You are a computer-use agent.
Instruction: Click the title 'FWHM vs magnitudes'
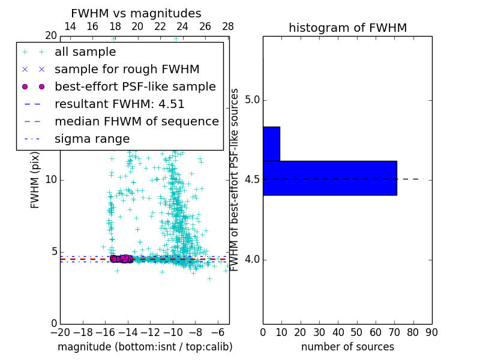(x=136, y=14)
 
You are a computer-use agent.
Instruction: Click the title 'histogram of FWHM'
(x=347, y=28)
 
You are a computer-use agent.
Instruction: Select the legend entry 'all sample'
(x=85, y=52)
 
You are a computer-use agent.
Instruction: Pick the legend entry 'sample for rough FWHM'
(x=127, y=70)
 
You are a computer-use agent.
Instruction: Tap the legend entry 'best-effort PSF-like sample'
(x=135, y=87)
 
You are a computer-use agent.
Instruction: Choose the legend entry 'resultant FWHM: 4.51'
(x=119, y=104)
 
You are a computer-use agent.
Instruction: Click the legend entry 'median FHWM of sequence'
(x=136, y=122)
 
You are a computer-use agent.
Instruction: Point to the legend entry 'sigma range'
(x=92, y=139)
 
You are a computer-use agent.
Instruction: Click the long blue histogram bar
(x=329, y=178)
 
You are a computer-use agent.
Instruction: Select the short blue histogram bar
(x=271, y=144)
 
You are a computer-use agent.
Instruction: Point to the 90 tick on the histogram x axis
(x=431, y=332)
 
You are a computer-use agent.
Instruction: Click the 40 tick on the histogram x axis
(x=338, y=332)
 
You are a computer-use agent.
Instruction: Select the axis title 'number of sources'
(x=347, y=347)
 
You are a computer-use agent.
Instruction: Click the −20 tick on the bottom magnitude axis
(x=60, y=332)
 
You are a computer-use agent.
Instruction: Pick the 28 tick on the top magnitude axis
(x=228, y=27)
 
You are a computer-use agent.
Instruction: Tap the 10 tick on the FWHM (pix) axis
(x=50, y=180)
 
